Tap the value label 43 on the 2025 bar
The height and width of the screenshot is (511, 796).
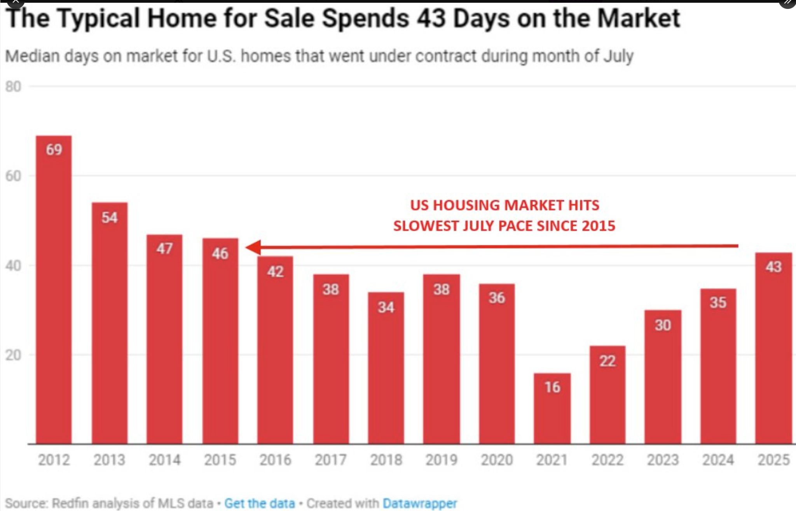[x=773, y=267]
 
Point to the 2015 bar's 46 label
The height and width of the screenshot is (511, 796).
[x=220, y=254]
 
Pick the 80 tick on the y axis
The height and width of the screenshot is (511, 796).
[x=13, y=86]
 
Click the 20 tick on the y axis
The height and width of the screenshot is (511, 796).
[x=13, y=355]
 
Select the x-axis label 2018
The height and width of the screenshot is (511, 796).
[x=386, y=460]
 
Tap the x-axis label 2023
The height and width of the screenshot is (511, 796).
[x=663, y=460]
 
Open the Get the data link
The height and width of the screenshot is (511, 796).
[x=260, y=503]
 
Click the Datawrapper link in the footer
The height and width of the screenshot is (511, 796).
[x=420, y=503]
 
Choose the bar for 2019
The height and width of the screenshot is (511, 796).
[x=441, y=362]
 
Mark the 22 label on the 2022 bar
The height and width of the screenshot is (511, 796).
[x=607, y=361]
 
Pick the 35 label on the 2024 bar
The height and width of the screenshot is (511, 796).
[x=717, y=302]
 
